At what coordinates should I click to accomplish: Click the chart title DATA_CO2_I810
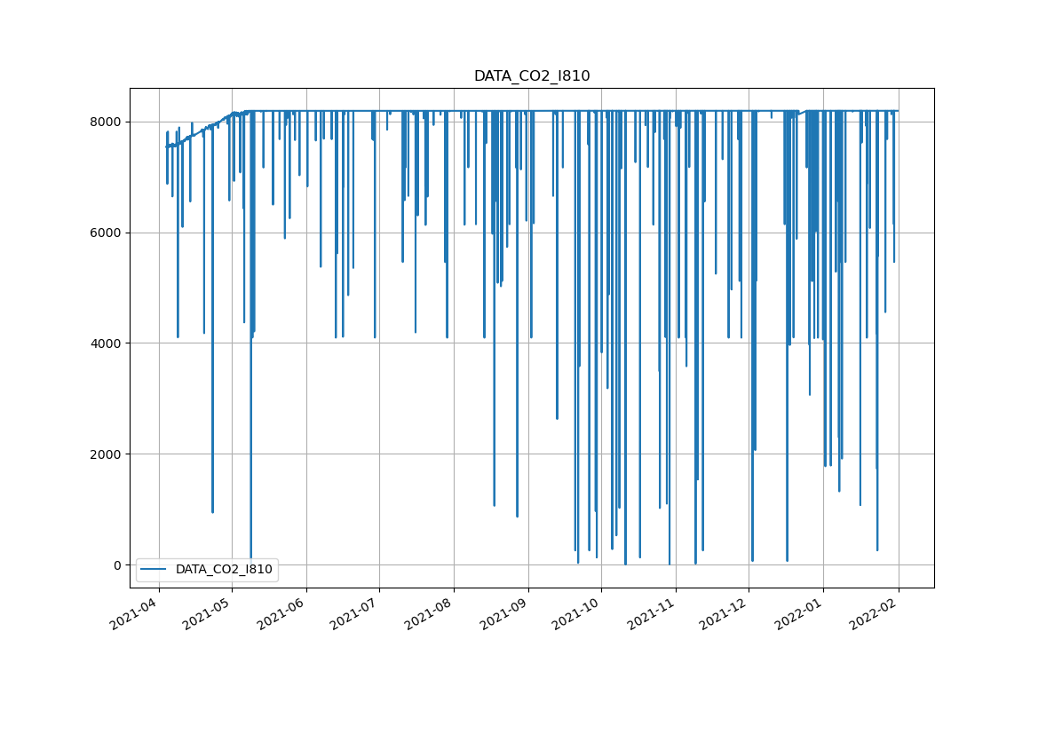(x=531, y=76)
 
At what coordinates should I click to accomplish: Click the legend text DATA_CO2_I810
(x=224, y=570)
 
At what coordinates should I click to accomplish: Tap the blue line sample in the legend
(x=155, y=570)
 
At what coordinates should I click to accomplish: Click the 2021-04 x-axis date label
(x=134, y=615)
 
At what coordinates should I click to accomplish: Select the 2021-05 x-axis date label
(x=208, y=615)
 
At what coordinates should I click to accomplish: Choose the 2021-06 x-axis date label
(x=282, y=615)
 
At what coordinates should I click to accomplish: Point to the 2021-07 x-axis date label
(x=355, y=615)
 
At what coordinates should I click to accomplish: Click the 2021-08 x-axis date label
(x=430, y=615)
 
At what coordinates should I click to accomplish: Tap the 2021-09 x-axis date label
(x=504, y=615)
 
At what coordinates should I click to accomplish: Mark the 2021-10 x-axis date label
(x=577, y=615)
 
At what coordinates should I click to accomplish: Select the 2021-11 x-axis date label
(x=652, y=615)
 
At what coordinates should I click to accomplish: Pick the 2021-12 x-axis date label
(x=725, y=615)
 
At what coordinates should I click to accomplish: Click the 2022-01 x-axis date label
(x=799, y=615)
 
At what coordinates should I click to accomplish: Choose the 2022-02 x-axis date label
(x=874, y=615)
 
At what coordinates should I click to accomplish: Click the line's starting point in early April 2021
(x=166, y=146)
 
